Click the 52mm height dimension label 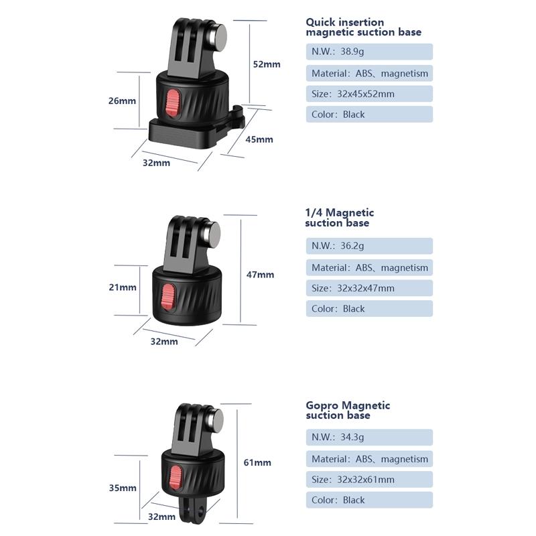point(267,64)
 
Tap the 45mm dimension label point(259,139)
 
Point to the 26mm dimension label point(123,100)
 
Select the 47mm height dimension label point(261,275)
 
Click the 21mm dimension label point(123,287)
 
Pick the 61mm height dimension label point(257,462)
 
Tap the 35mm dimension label point(123,488)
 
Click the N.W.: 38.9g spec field point(369,52)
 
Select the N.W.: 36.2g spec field point(369,246)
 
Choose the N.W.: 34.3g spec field point(369,438)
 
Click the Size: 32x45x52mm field point(369,94)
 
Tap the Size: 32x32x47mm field point(369,288)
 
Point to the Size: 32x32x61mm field point(369,479)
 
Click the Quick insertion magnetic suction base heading point(364,27)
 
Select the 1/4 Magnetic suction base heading point(340,218)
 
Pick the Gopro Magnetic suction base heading point(348,410)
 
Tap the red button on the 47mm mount point(169,295)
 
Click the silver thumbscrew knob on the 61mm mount point(216,420)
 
